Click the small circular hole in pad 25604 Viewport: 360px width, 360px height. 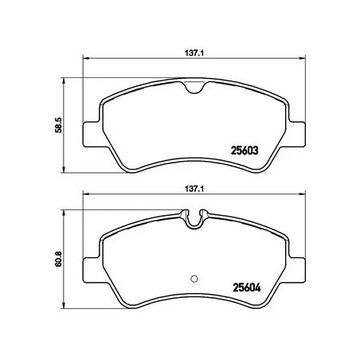tap(194, 277)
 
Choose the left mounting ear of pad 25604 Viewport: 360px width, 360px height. tap(93, 264)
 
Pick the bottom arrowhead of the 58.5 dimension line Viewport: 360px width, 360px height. tap(64, 170)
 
